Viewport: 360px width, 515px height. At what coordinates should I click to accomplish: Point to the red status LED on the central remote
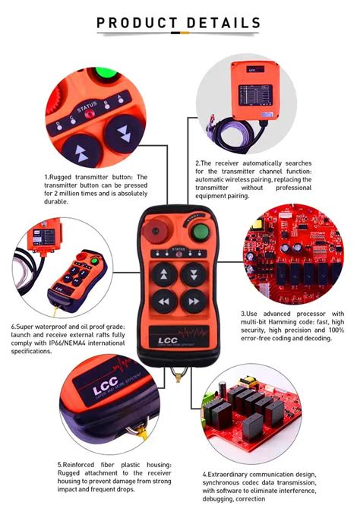pyautogui.click(x=179, y=254)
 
